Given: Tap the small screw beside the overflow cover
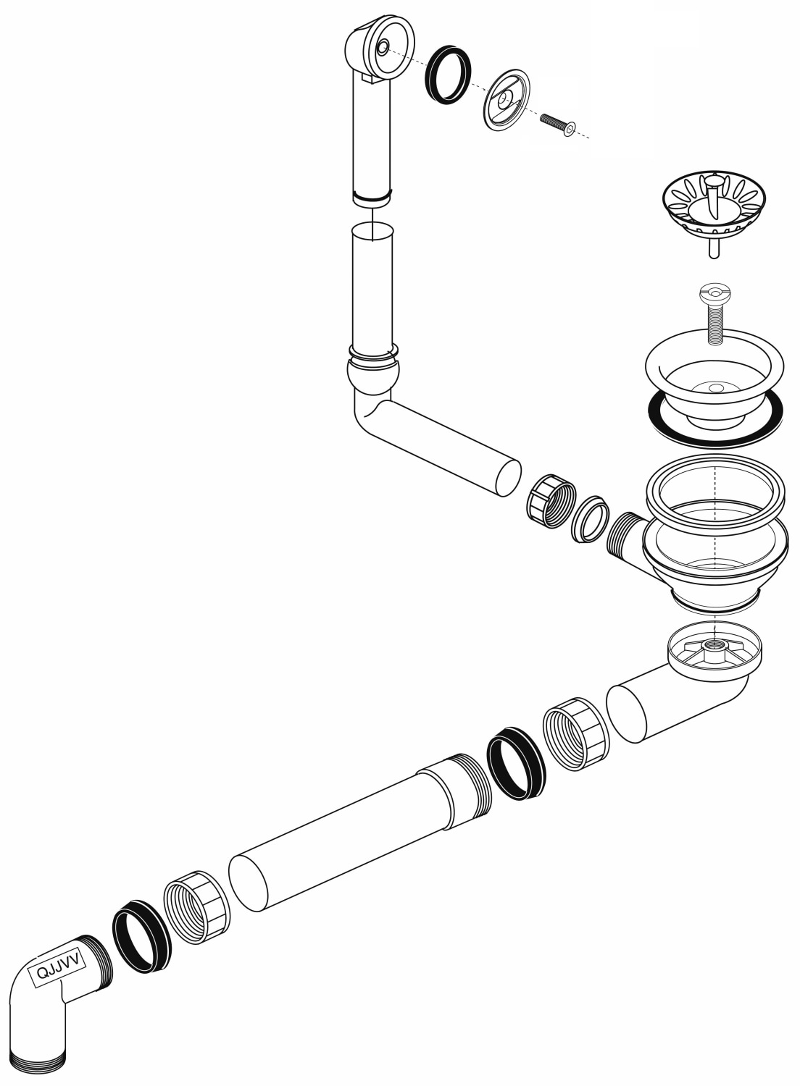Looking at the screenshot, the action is (557, 123).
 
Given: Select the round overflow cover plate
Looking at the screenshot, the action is (507, 99).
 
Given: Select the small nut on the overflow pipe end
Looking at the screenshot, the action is (551, 501).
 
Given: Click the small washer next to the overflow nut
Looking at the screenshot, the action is (589, 519).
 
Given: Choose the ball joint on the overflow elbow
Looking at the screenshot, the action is (373, 373).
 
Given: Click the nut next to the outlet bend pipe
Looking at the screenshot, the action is (576, 734).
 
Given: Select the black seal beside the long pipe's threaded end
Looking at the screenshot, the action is (516, 764).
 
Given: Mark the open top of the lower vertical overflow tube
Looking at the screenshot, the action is (372, 231).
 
